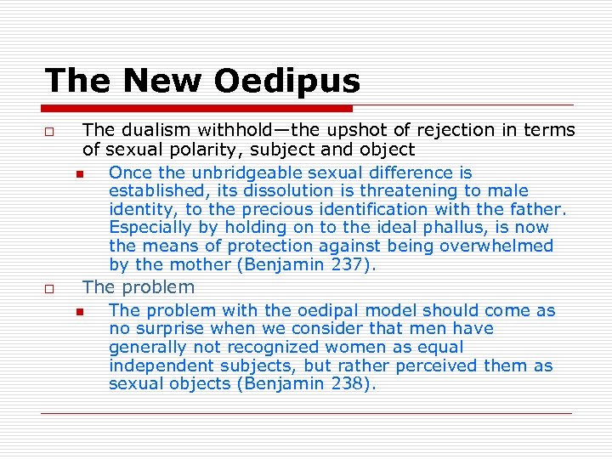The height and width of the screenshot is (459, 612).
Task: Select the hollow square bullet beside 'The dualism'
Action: [x=51, y=132]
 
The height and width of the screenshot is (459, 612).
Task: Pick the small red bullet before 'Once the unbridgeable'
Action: [x=78, y=174]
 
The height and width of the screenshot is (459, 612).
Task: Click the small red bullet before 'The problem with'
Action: [x=78, y=312]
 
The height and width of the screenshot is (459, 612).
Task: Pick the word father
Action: [x=538, y=209]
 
